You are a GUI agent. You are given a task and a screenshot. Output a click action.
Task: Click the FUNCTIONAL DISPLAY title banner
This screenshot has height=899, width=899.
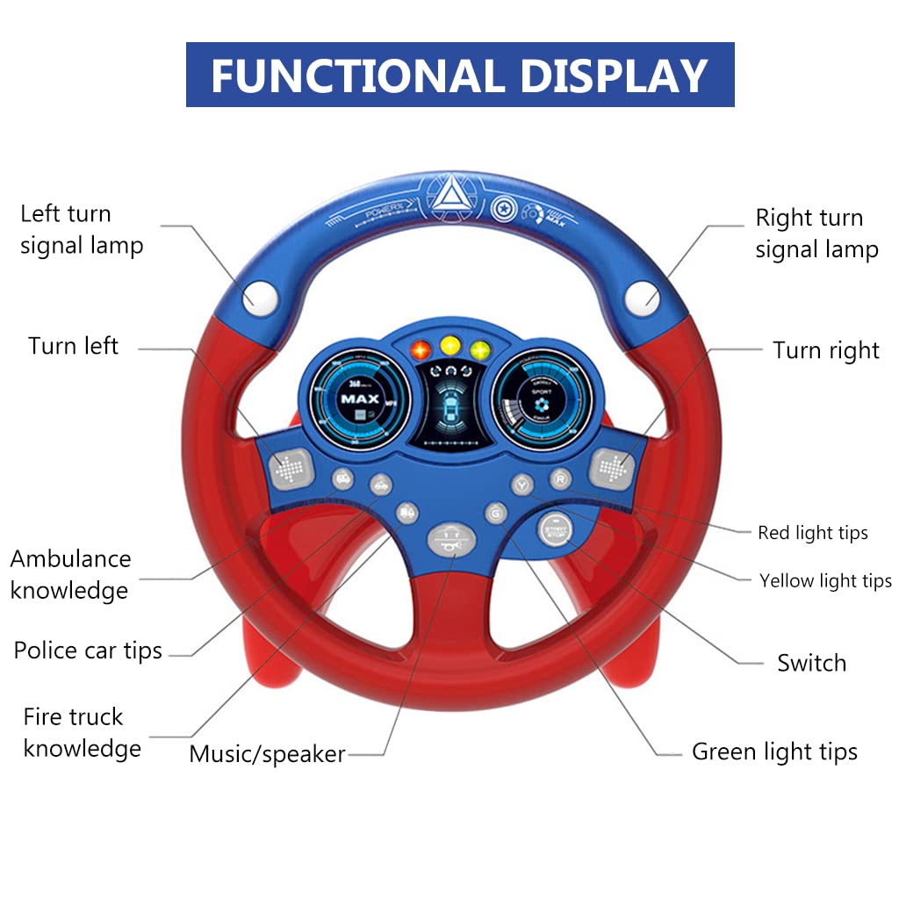[x=460, y=76]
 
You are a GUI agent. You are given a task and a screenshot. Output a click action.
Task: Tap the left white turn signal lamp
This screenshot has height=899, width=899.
[x=261, y=296]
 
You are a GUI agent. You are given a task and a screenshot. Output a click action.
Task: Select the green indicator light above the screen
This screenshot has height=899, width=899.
[x=479, y=349]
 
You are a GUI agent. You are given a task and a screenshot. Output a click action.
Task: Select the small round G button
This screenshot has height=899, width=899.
[x=497, y=513]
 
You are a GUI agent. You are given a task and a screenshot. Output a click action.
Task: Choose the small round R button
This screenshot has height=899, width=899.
[x=559, y=478]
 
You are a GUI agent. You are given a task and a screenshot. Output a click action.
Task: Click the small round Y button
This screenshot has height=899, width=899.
[x=522, y=483]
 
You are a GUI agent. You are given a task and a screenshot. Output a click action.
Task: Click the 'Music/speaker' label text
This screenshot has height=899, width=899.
[x=267, y=753]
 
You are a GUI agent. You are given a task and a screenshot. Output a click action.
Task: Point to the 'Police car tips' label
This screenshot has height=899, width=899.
[x=88, y=651]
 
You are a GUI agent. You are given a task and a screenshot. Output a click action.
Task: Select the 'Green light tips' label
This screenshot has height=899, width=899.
[x=774, y=752]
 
